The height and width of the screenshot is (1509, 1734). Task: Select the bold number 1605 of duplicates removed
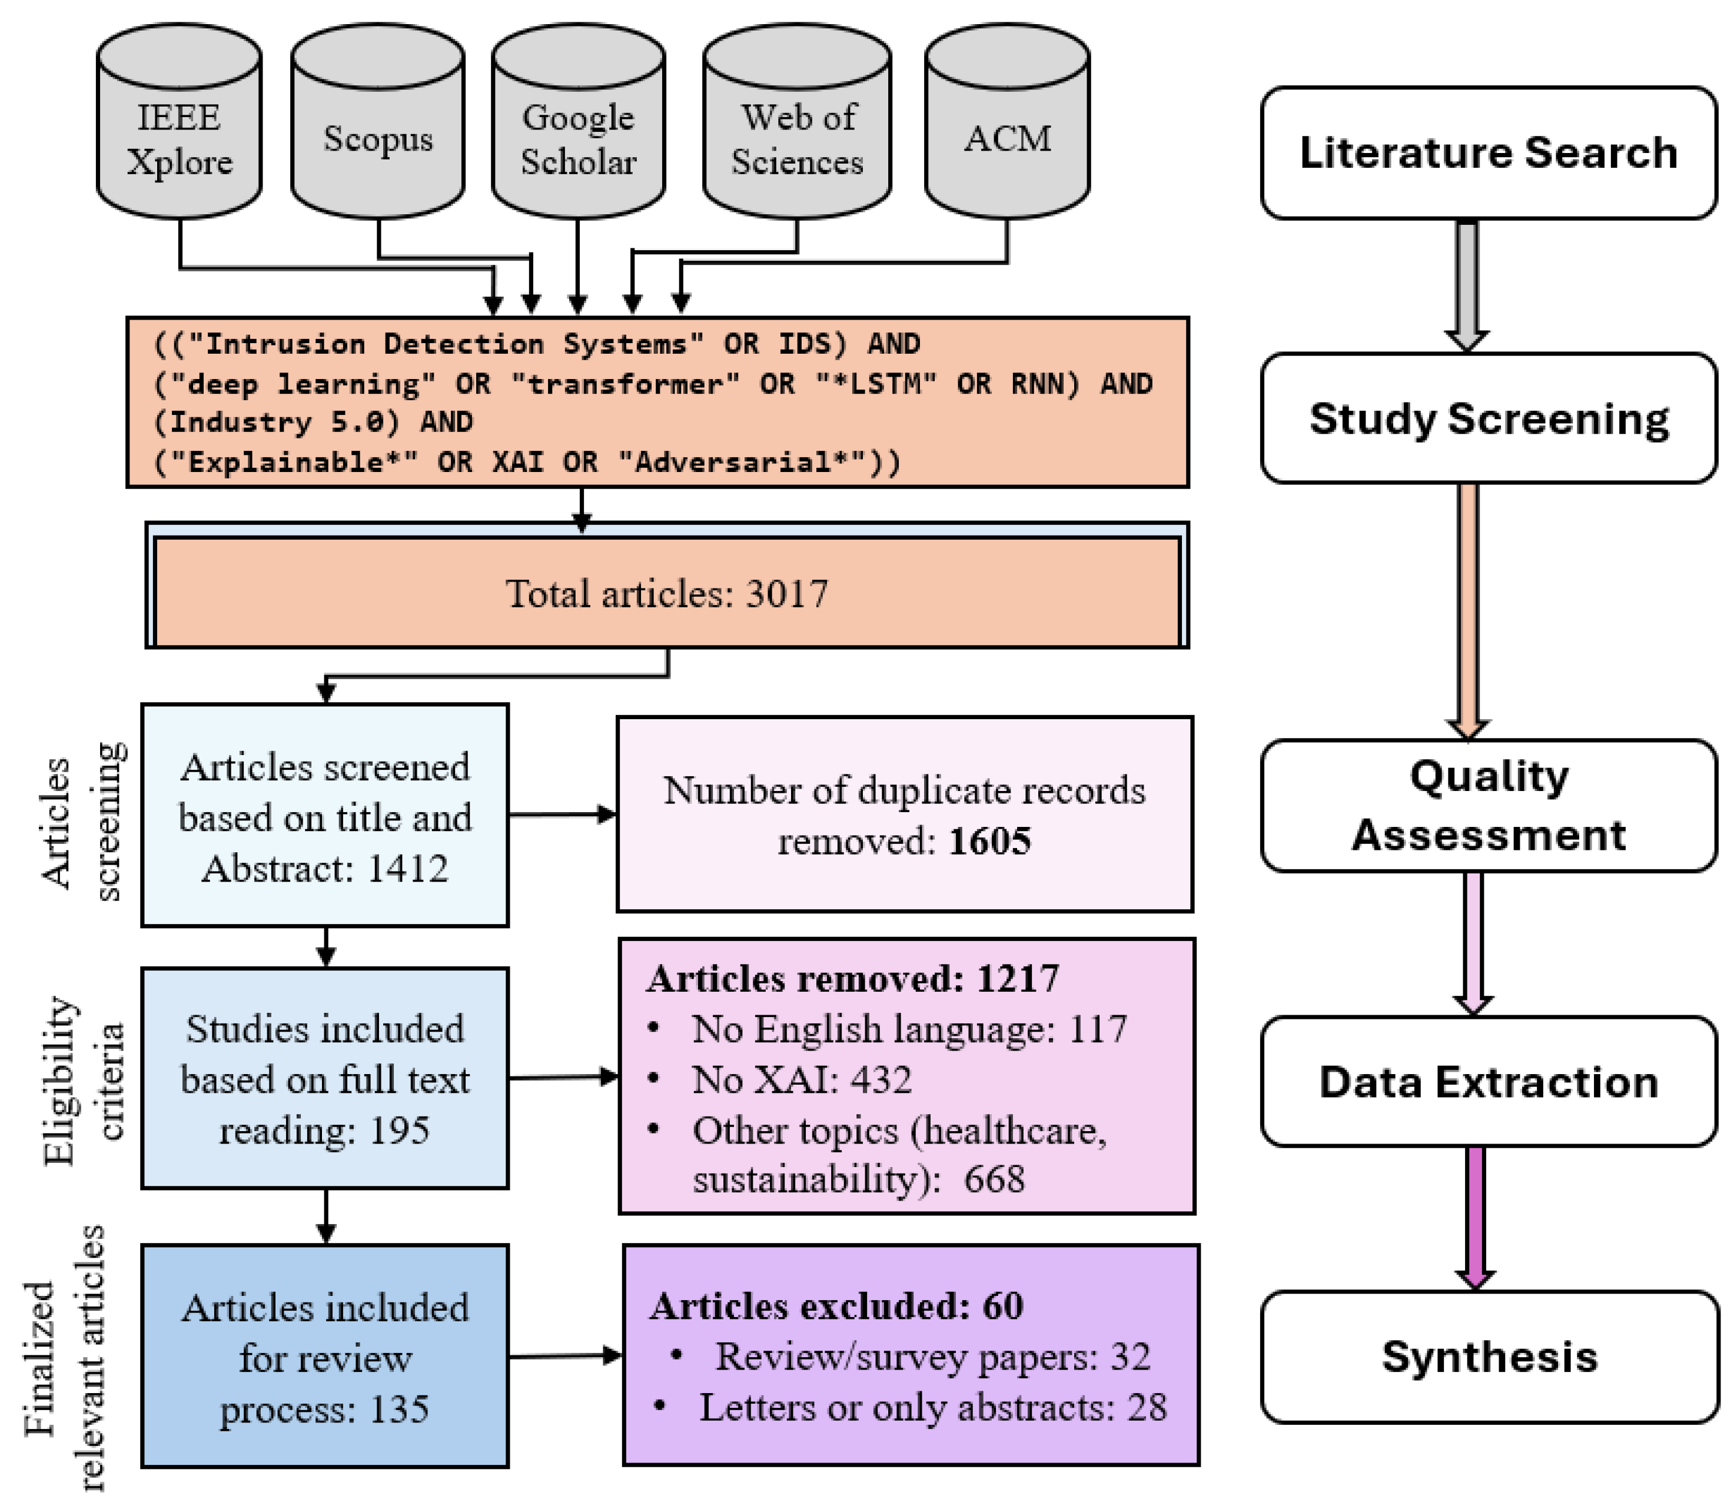(989, 841)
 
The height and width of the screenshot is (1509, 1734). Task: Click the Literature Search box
(1488, 153)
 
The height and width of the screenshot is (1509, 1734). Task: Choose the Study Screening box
(1488, 418)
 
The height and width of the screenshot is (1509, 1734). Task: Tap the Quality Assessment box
(1488, 805)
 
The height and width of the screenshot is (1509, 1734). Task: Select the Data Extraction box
(1488, 1082)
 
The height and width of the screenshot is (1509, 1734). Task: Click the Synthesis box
(1488, 1357)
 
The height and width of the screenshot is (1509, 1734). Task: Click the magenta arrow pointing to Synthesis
(1474, 1217)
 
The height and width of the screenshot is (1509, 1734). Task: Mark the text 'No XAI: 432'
(801, 1079)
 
